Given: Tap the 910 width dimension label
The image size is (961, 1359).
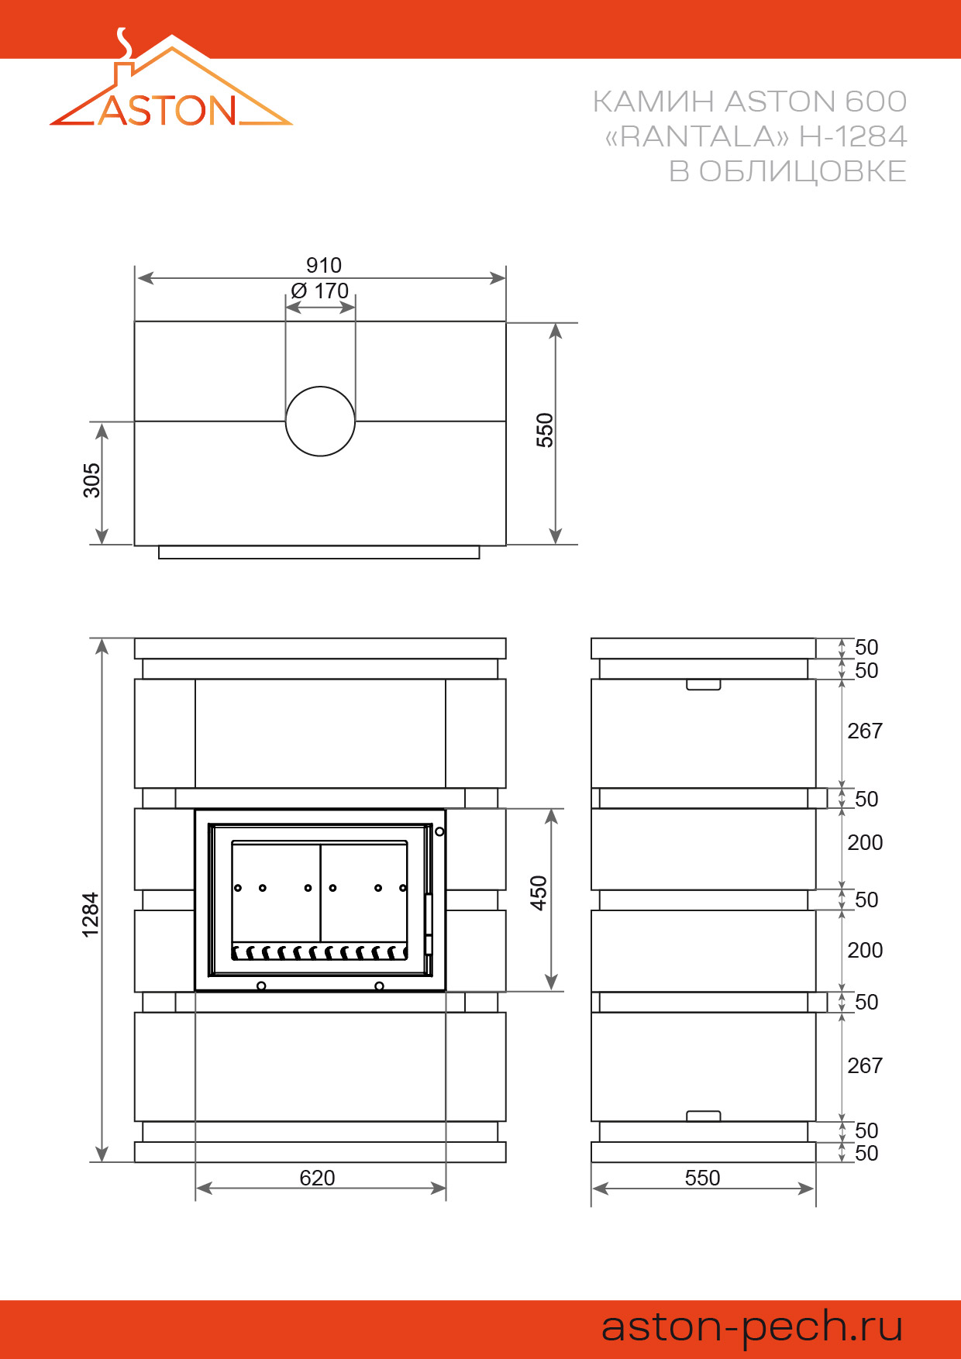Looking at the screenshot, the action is click(x=324, y=266).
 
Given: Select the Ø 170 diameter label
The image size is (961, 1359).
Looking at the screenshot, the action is click(x=320, y=291).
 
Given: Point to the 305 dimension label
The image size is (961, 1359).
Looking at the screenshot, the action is click(x=91, y=480).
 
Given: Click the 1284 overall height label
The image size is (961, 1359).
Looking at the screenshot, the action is click(x=91, y=915).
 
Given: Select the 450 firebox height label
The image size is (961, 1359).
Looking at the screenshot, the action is click(x=539, y=893).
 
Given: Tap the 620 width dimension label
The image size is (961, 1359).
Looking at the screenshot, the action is click(x=318, y=1178).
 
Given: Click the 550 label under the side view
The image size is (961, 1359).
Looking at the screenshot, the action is click(x=703, y=1178).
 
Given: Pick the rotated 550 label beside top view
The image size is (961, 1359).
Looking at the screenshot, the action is click(x=545, y=430).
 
